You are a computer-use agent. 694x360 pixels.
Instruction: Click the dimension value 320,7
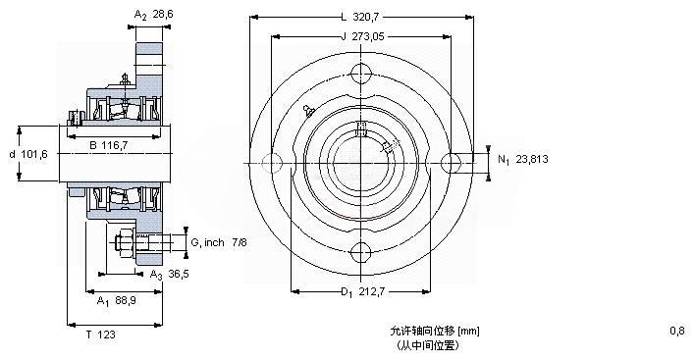click(x=367, y=18)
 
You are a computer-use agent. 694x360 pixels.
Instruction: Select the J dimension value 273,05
click(x=368, y=36)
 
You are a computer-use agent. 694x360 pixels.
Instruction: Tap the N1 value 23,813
click(x=532, y=159)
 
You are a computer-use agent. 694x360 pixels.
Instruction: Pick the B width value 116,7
click(x=115, y=145)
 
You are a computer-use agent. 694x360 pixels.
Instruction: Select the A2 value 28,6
click(x=163, y=14)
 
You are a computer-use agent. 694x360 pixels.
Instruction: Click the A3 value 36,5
click(x=179, y=275)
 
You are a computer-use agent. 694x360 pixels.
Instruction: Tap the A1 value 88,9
click(x=126, y=301)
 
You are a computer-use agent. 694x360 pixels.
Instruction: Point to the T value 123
click(x=106, y=334)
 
